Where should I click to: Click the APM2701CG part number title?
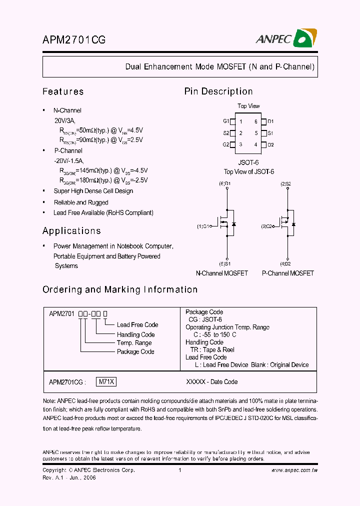click(x=73, y=40)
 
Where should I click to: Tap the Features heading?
click(x=63, y=91)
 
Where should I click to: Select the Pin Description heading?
click(x=218, y=91)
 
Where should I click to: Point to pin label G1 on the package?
click(x=226, y=121)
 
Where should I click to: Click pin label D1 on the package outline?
click(x=270, y=121)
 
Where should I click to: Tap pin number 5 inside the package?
click(x=256, y=133)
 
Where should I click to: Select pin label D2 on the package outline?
click(x=270, y=144)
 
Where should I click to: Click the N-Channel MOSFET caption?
click(x=221, y=273)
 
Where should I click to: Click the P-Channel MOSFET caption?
click(x=288, y=273)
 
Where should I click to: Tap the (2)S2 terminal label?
click(x=285, y=184)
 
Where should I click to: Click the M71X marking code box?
click(x=105, y=381)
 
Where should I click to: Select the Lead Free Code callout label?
click(x=137, y=325)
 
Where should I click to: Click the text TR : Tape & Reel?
click(x=212, y=349)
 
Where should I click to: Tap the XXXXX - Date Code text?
click(x=211, y=381)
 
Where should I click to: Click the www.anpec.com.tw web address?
click(x=294, y=470)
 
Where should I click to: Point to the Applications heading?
click(x=71, y=231)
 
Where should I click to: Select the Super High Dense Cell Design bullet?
click(x=93, y=191)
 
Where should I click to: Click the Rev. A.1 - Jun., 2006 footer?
click(x=69, y=477)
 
